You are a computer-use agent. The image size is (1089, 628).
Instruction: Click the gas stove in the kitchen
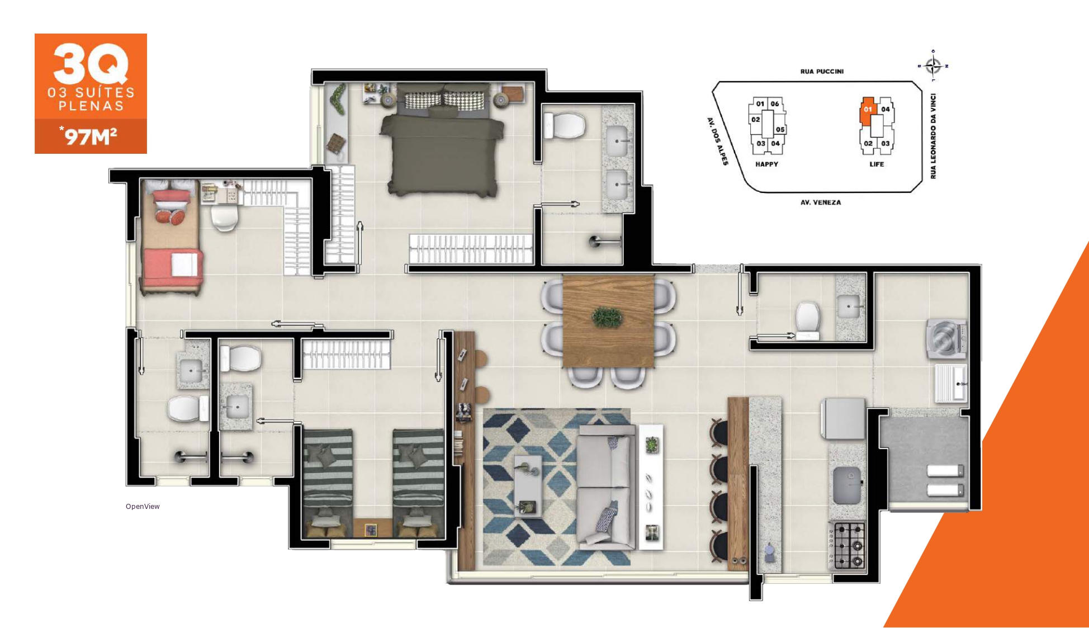tap(847, 546)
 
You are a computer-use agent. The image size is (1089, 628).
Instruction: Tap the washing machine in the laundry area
tap(946, 339)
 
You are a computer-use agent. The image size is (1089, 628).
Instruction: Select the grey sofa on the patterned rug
tap(607, 486)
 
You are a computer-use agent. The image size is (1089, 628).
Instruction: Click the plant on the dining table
tap(607, 317)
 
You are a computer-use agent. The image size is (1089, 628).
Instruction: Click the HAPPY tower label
tap(766, 164)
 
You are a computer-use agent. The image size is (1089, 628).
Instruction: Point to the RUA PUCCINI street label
tap(822, 72)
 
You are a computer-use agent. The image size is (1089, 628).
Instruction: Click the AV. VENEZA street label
tap(821, 202)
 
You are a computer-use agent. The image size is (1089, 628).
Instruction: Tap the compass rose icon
tap(933, 65)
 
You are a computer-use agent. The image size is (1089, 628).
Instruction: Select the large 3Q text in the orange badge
tap(91, 63)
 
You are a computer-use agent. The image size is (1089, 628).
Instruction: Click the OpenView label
tap(143, 507)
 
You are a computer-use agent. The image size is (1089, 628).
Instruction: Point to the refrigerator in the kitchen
tap(843, 418)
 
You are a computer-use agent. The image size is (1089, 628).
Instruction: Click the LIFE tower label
tap(877, 164)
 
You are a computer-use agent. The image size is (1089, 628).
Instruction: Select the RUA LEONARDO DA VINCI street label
tap(933, 136)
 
